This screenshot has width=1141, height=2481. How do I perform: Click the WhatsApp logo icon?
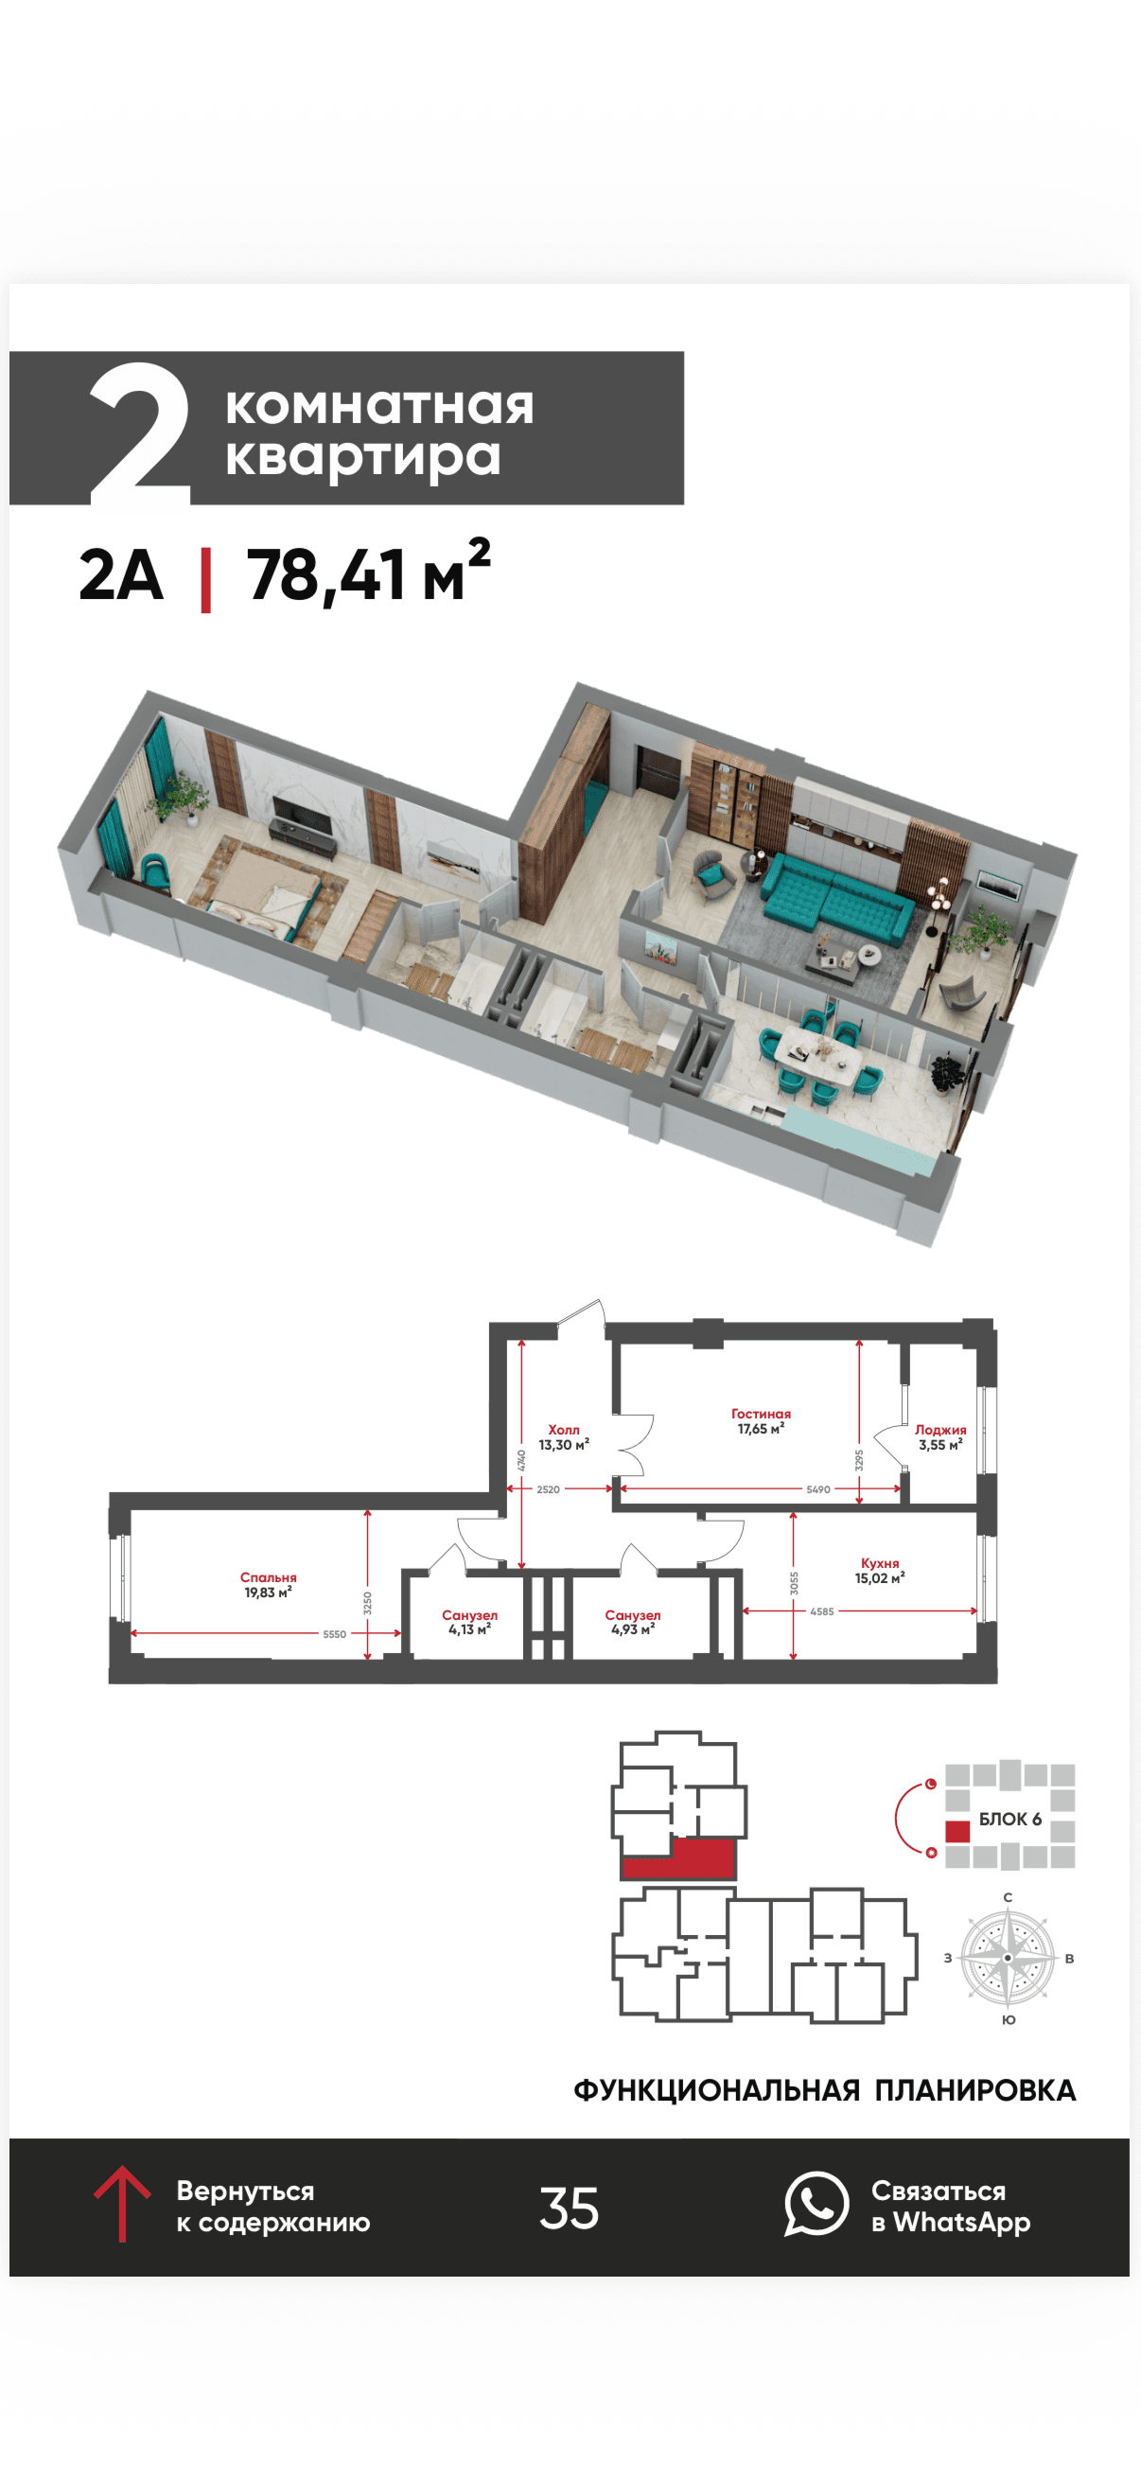coord(816,2204)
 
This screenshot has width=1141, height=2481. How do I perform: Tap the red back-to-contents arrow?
coord(121,2204)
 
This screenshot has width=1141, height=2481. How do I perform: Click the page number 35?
coord(569,2208)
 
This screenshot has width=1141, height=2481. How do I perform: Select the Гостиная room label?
coord(761,1414)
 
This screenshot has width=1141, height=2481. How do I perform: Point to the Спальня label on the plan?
coord(269,1577)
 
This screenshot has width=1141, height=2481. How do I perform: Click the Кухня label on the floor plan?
coord(880,1563)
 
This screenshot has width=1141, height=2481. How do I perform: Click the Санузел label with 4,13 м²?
coord(470,1615)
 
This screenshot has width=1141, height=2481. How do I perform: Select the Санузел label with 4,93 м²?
coord(633,1615)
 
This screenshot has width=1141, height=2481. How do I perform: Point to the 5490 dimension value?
coord(818,1489)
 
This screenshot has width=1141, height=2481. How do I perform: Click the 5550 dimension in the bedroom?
coord(334,1634)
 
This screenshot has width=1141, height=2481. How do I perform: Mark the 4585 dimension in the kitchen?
coord(822,1611)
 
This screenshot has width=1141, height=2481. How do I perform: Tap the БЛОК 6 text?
coord(1010,1820)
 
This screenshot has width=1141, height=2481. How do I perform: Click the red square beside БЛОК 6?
coord(957,1832)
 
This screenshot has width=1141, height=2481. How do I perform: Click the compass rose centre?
coord(1008,1958)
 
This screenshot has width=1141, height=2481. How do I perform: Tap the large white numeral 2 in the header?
coord(140,434)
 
